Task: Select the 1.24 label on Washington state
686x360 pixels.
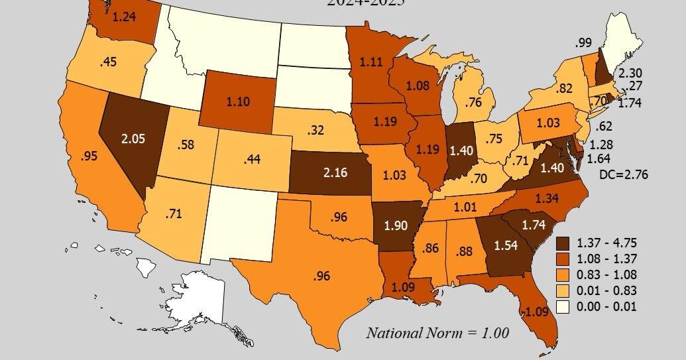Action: pos(125,18)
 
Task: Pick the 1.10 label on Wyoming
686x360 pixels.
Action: pos(237,103)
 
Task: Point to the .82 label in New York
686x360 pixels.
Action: pos(564,88)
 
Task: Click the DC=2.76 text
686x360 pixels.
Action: pos(622,174)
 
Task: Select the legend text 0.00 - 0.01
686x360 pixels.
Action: pos(606,307)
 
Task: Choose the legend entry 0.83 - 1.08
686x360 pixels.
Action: pos(606,274)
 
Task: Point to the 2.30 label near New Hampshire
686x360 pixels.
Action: pos(630,73)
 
